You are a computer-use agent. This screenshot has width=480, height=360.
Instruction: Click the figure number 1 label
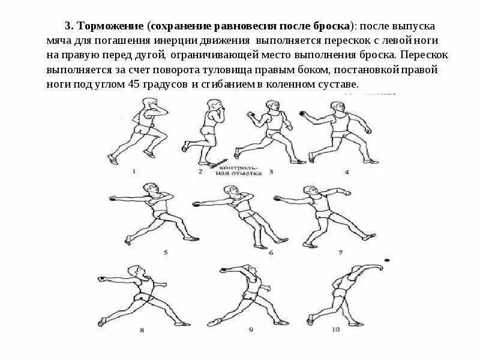click(134, 171)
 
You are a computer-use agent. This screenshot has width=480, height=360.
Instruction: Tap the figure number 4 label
click(347, 172)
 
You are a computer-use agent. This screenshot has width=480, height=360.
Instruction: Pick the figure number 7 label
click(340, 253)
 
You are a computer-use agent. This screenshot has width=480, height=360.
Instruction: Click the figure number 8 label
click(142, 329)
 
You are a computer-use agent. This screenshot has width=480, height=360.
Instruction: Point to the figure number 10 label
click(335, 329)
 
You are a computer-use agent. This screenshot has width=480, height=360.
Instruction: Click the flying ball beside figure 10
click(386, 260)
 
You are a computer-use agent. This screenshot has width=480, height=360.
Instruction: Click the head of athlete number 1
click(148, 104)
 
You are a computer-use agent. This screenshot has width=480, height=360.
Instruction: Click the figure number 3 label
click(271, 172)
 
